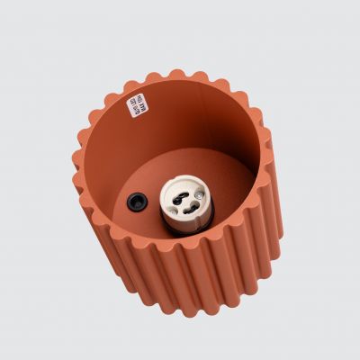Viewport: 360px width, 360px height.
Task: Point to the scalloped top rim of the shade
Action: pos(180,75)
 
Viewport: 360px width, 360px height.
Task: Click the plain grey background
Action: pos(45,45)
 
